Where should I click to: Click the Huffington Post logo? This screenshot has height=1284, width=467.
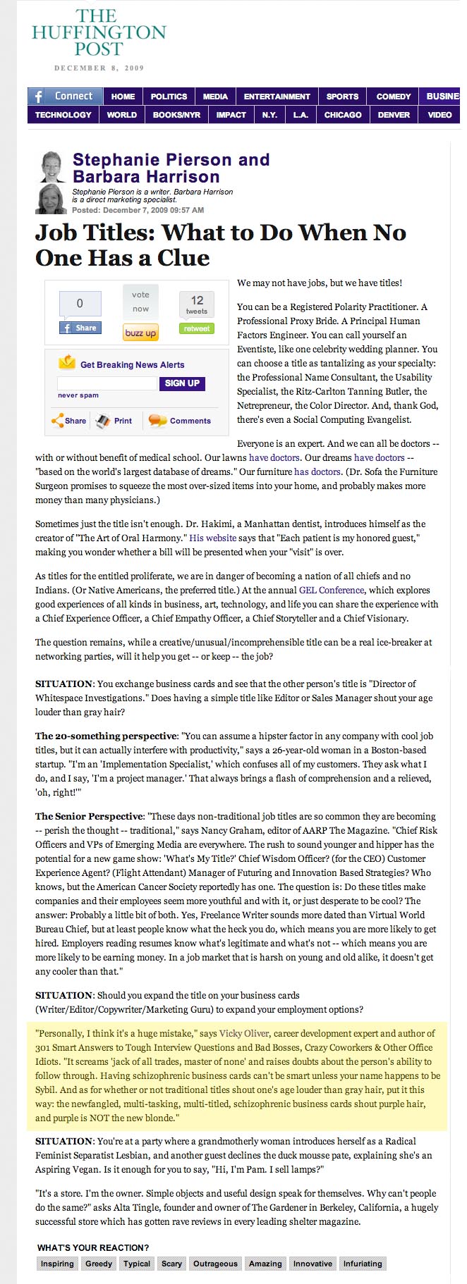pyautogui.click(x=98, y=33)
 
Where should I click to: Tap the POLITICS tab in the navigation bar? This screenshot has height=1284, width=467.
pyautogui.click(x=169, y=97)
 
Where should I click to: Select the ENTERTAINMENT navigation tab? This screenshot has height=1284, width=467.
pyautogui.click(x=277, y=97)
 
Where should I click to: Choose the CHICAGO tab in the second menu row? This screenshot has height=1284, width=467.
pyautogui.click(x=343, y=115)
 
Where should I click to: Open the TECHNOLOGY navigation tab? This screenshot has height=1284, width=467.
pyautogui.click(x=63, y=115)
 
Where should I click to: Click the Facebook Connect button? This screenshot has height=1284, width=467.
pyautogui.click(x=66, y=97)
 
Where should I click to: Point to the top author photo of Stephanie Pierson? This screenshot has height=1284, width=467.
pyautogui.click(x=51, y=167)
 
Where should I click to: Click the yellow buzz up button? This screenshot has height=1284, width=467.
pyautogui.click(x=140, y=333)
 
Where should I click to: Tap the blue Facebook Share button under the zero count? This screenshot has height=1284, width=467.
pyautogui.click(x=80, y=328)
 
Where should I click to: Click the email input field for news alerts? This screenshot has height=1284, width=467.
pyautogui.click(x=107, y=383)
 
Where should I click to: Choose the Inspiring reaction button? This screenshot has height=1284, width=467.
pyautogui.click(x=57, y=1264)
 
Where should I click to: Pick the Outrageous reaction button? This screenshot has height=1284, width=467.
pyautogui.click(x=215, y=1264)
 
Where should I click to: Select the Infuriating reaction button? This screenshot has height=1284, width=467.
pyautogui.click(x=363, y=1264)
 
